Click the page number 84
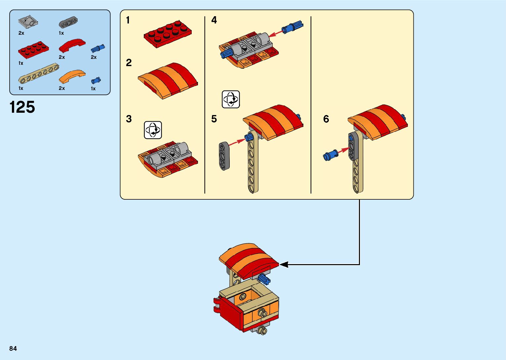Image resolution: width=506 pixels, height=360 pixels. (13, 348)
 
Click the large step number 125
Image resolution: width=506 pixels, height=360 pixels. (22, 107)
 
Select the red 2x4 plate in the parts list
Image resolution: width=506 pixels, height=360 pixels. (33, 50)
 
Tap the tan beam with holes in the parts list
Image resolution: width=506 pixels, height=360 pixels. (39, 73)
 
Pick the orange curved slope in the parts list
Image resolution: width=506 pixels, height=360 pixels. (72, 76)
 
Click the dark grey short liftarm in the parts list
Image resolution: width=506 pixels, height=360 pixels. (68, 23)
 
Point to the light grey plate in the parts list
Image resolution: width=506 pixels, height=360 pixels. (28, 22)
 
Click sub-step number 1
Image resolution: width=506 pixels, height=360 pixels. (128, 20)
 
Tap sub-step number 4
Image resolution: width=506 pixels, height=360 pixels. (214, 20)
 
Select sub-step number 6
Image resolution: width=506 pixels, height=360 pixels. (326, 119)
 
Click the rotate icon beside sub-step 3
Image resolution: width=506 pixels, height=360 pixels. (153, 130)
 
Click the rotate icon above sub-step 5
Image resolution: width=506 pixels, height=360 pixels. (231, 99)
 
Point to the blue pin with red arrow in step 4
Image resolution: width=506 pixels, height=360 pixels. (292, 27)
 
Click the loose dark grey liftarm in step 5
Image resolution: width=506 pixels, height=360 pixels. (224, 156)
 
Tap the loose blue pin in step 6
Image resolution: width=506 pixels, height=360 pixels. (331, 155)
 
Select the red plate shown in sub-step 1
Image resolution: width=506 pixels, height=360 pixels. (168, 34)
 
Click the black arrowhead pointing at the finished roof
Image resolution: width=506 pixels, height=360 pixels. (284, 264)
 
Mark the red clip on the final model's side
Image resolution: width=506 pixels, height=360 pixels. (218, 305)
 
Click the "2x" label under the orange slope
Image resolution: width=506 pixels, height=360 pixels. (62, 88)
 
